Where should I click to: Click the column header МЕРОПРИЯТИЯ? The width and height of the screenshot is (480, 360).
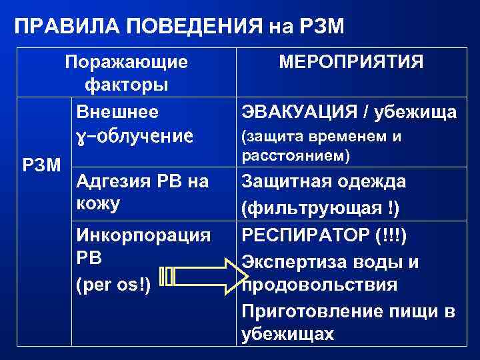tap(351, 63)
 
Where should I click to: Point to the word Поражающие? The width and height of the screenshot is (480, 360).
tap(126, 63)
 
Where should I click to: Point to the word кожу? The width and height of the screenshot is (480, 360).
tap(99, 203)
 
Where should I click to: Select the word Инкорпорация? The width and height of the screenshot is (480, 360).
tap(144, 235)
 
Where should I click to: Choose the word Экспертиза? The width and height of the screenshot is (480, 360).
tap(294, 261)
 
